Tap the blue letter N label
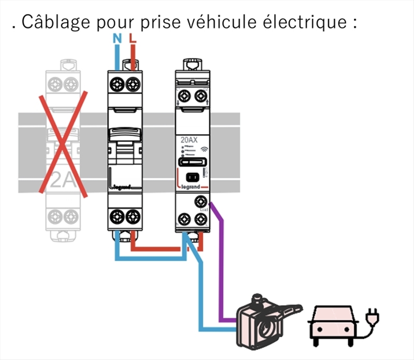coord(116,38)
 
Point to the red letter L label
coord(134,38)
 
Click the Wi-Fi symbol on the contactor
coord(203,148)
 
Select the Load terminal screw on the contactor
coord(201,202)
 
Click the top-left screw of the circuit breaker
coord(117,83)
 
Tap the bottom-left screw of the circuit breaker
coord(117,215)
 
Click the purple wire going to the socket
coord(223,259)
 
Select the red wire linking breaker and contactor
coord(155,249)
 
